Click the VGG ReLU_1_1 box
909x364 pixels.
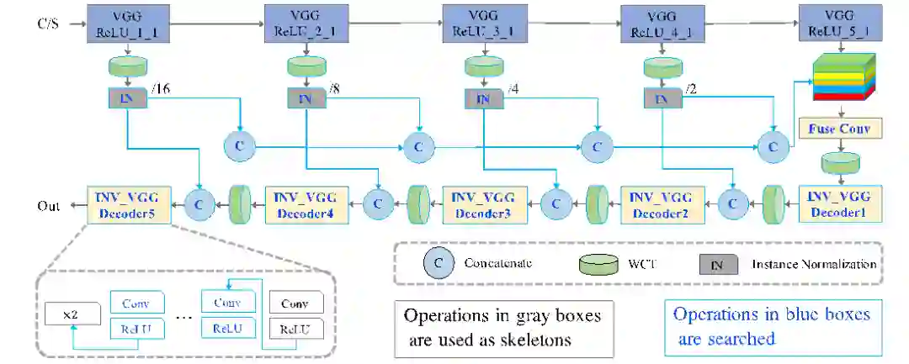(125, 23)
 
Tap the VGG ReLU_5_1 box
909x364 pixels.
(837, 23)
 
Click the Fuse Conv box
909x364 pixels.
(839, 129)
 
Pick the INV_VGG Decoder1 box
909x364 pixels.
(839, 203)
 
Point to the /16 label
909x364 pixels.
(160, 91)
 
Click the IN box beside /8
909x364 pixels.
(305, 98)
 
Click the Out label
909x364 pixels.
(48, 205)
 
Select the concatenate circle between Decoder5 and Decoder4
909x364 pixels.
(199, 203)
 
